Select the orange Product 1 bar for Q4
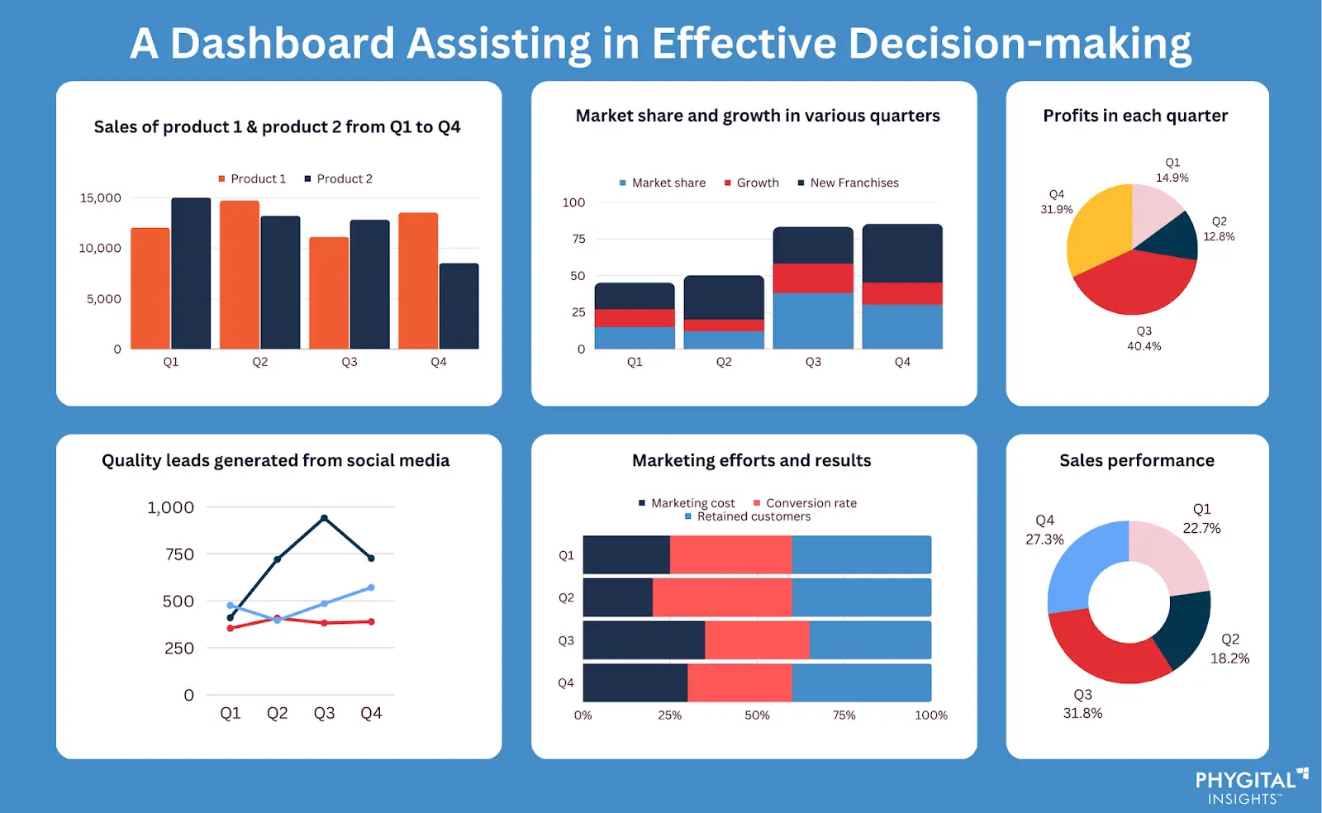[418, 281]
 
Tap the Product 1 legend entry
[252, 178]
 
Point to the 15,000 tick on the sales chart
[100, 198]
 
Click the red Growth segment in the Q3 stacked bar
[813, 278]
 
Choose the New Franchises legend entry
[849, 183]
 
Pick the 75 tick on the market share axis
[578, 239]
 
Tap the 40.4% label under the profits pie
[1144, 346]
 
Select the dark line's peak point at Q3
[324, 518]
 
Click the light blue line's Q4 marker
[371, 587]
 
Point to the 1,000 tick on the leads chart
[170, 507]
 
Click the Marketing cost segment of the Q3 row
[644, 640]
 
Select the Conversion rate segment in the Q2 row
[721, 597]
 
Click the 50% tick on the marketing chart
[757, 716]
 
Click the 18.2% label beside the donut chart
[1229, 658]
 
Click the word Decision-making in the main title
[1020, 43]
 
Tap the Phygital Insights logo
[1250, 787]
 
